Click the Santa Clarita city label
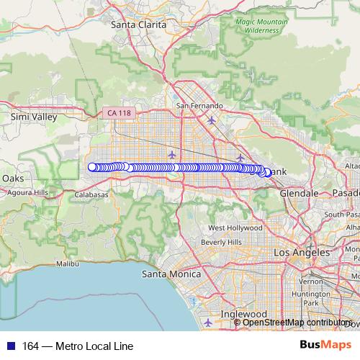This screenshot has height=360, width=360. point(139,24)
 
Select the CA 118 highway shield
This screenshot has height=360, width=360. point(119,113)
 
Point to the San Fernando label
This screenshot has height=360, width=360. point(199,106)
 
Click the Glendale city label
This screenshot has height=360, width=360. point(299,194)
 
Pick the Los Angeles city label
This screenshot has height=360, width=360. point(302,253)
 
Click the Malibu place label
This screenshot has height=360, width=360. point(67,264)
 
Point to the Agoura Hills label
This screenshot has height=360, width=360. point(27,192)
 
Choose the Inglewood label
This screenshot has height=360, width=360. point(244,314)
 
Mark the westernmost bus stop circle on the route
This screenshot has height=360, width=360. point(92,167)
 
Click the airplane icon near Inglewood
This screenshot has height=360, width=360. point(208,321)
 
